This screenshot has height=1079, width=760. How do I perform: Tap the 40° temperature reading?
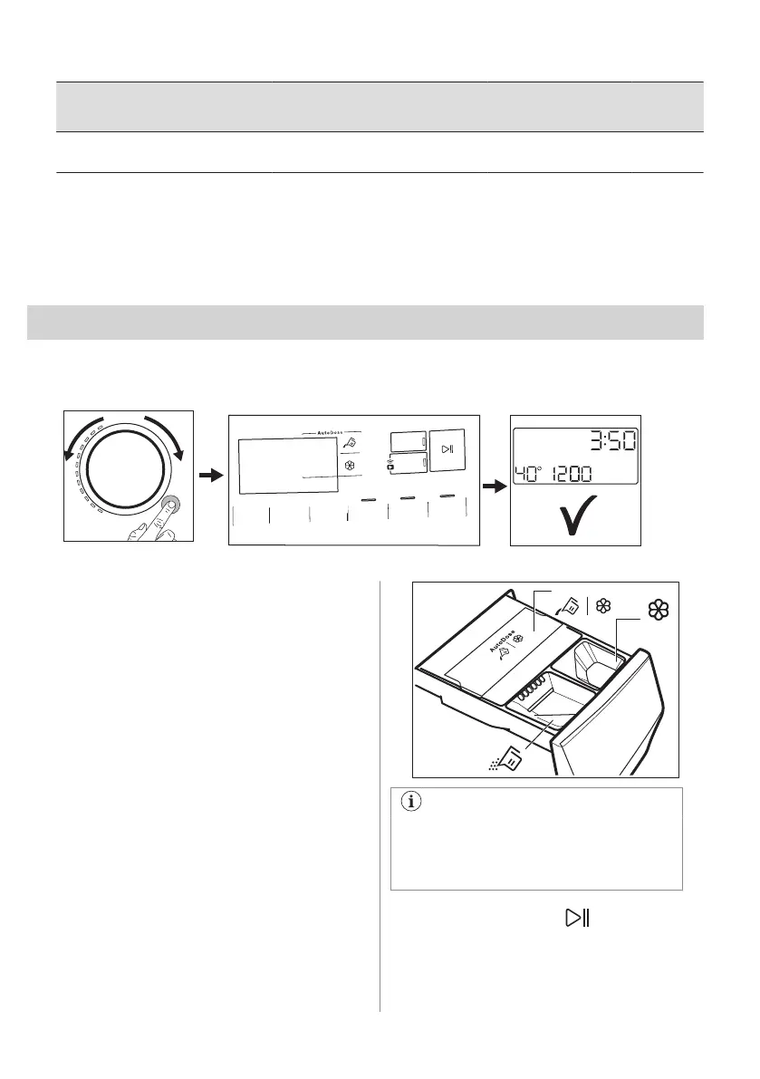pos(534,474)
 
